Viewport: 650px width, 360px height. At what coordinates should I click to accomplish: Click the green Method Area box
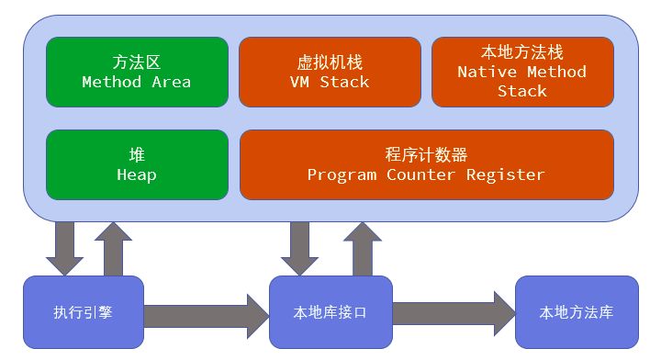click(137, 72)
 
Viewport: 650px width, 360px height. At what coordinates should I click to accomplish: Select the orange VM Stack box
click(330, 72)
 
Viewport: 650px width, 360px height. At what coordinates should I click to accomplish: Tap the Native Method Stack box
click(521, 72)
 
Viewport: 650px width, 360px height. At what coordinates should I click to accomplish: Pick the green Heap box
click(137, 164)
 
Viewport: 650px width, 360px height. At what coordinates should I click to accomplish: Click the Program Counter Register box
click(426, 164)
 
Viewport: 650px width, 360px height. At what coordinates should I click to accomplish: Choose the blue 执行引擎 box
click(84, 313)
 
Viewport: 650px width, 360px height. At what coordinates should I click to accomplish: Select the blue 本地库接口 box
click(331, 313)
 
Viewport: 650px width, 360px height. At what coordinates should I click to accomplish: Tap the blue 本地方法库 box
click(577, 313)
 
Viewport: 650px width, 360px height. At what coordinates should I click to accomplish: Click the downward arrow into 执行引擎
click(64, 248)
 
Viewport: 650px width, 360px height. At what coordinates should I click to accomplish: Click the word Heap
click(137, 174)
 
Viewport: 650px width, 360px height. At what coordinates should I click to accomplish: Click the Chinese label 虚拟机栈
click(330, 62)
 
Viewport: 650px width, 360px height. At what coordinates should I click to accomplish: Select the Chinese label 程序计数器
click(426, 154)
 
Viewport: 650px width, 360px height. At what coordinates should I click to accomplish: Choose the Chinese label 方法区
click(137, 62)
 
